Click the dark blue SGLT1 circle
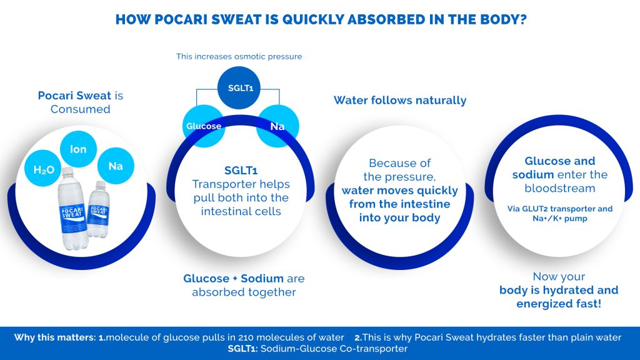coord(239,87)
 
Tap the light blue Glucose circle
coord(204,126)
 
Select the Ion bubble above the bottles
coord(78,149)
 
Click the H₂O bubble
coord(43,169)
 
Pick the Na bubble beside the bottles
coord(116,166)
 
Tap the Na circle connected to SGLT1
coord(277,126)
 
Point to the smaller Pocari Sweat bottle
coord(98,209)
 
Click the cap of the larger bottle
coord(67,171)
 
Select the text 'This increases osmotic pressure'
coord(239,56)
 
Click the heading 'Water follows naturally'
coord(400,101)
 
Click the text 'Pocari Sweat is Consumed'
coord(81,102)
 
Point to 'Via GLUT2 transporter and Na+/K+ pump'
coord(560,214)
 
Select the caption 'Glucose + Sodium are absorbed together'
coord(244,285)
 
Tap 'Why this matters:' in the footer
coord(55,337)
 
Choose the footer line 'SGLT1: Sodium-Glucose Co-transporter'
coord(317,349)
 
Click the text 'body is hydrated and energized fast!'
coord(559,297)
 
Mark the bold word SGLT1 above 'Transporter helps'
coord(241,170)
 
